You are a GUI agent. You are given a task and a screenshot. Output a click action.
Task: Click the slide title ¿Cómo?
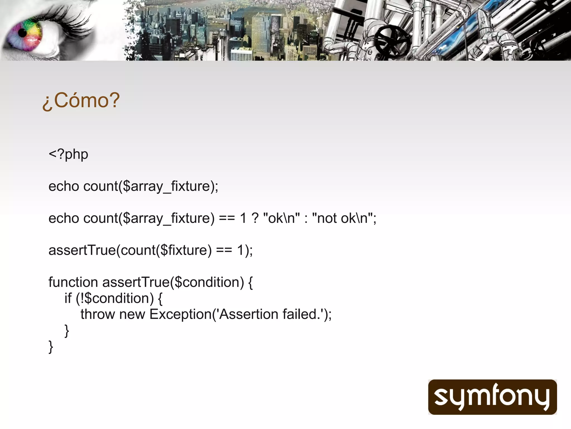coord(81,100)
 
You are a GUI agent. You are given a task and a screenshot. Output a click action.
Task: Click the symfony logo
coord(492,397)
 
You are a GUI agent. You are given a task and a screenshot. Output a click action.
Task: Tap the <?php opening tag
coord(68,154)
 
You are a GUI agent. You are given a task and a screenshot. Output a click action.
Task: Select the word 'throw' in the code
coord(98,314)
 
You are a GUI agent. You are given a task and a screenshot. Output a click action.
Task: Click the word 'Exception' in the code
coord(180,314)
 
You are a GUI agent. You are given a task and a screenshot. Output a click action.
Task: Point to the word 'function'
coord(73,282)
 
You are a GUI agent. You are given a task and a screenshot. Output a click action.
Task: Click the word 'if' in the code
coord(68,298)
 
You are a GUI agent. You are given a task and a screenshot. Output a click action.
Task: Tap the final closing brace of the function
coord(51,347)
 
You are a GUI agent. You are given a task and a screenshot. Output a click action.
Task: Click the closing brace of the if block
coord(67,331)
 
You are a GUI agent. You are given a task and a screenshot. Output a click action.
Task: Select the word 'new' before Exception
coord(132,314)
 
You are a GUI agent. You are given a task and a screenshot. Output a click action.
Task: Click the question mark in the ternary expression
coord(255,218)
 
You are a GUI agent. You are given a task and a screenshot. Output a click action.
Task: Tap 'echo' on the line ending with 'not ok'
coord(64,218)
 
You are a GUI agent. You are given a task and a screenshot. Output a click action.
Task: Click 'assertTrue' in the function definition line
coord(136,282)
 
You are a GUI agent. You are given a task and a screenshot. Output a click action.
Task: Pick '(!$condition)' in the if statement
coord(115,298)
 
